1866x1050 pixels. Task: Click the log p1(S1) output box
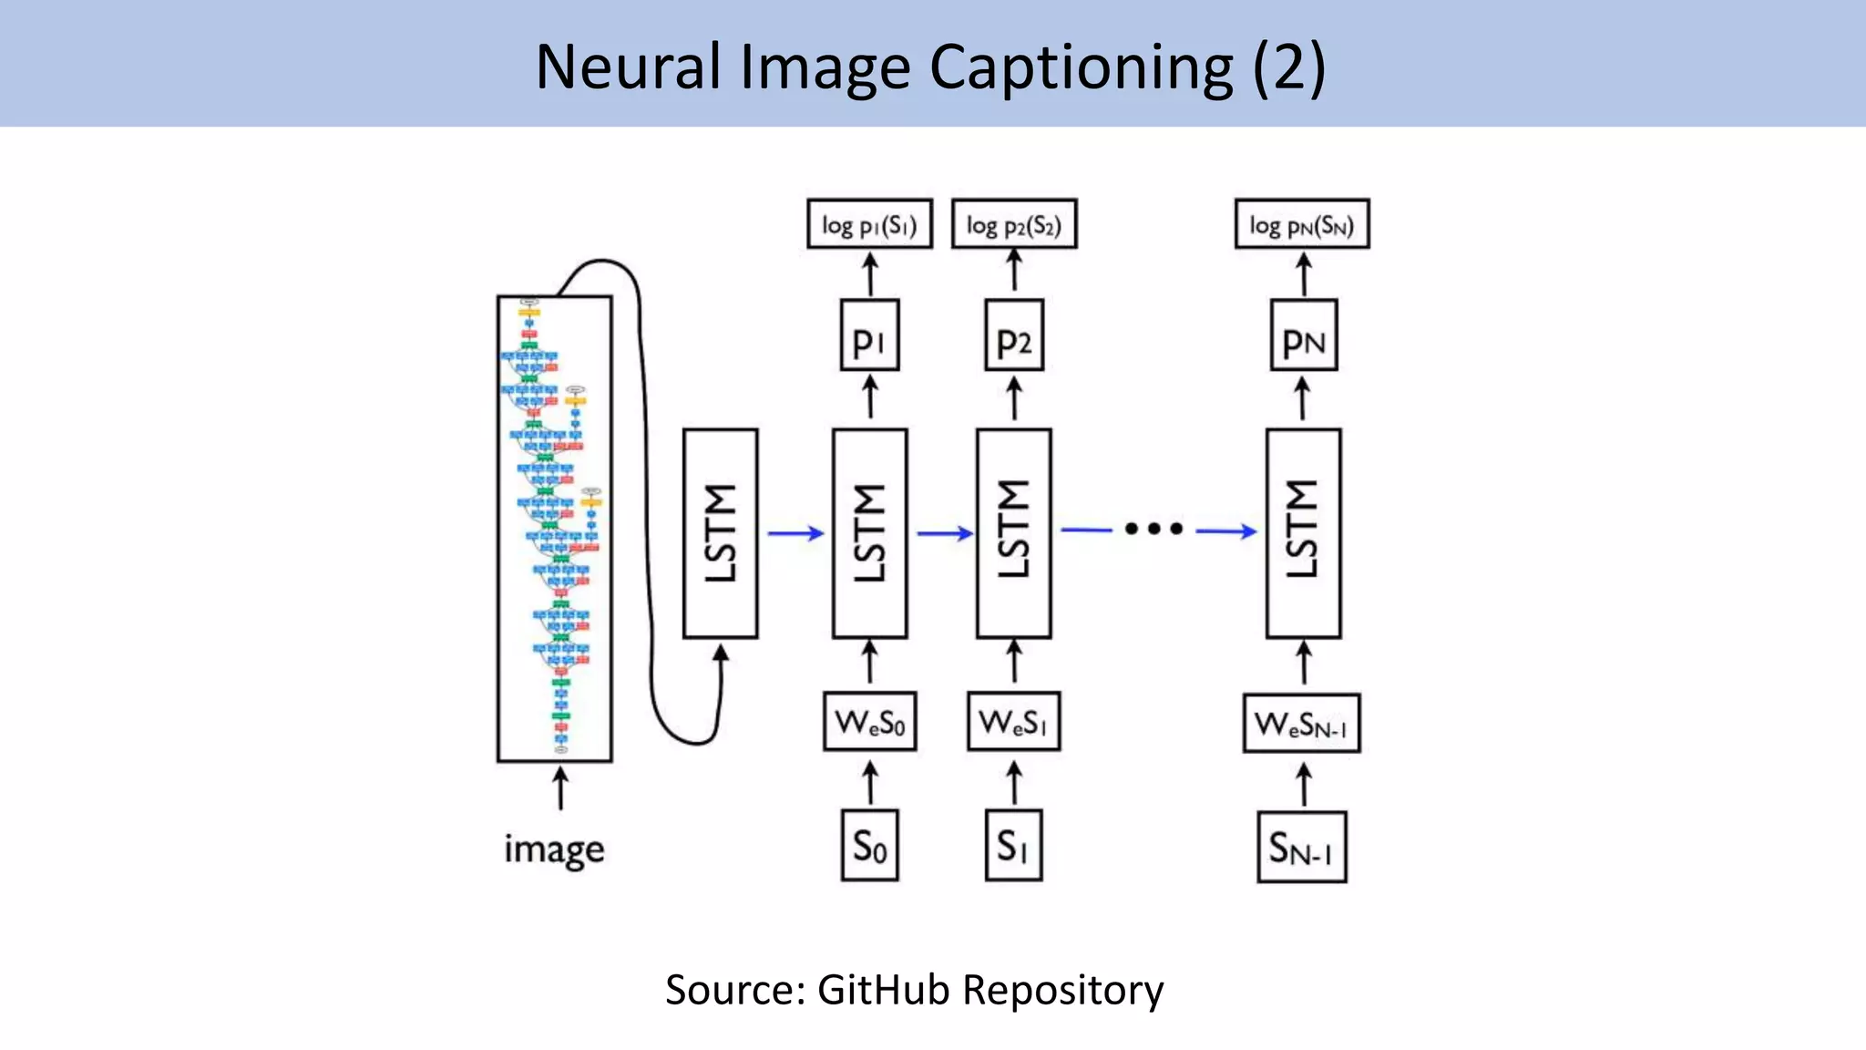click(x=869, y=224)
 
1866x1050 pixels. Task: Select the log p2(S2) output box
click(x=1013, y=224)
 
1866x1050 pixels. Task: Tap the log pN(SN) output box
click(x=1301, y=224)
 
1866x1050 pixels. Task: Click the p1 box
click(x=869, y=335)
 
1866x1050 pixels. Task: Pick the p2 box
click(x=1013, y=335)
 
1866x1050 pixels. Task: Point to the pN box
click(x=1303, y=335)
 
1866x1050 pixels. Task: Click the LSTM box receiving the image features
click(x=720, y=533)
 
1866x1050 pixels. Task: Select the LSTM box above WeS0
click(x=869, y=533)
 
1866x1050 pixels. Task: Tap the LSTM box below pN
click(x=1303, y=533)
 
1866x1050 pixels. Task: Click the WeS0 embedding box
click(x=869, y=722)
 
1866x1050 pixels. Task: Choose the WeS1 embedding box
click(x=1013, y=722)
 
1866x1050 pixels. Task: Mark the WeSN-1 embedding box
click(x=1301, y=724)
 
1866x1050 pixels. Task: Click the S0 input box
click(x=869, y=846)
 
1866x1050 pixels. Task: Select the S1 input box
click(x=1013, y=846)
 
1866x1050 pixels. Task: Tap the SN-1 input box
click(x=1301, y=848)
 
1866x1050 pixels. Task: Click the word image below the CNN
click(x=554, y=849)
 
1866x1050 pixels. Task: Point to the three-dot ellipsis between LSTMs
click(x=1153, y=529)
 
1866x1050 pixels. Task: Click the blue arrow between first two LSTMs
click(x=795, y=533)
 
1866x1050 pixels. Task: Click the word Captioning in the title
click(x=1081, y=67)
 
